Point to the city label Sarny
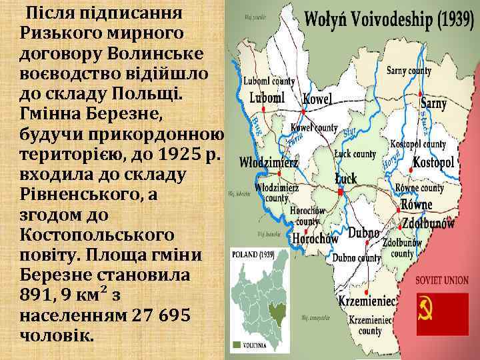coord(433,103)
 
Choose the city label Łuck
coord(346,178)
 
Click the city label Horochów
coord(311,239)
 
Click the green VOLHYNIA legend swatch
coord(237,345)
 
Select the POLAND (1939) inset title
coord(252,255)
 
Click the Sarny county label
coord(409,70)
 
